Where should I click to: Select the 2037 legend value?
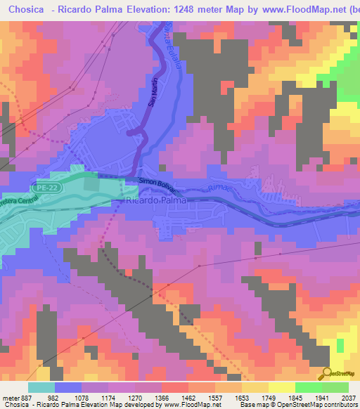pos(348,397)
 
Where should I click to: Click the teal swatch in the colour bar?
pos(41,387)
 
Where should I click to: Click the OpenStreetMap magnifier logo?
pos(326,373)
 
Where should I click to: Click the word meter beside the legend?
pos(9,397)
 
